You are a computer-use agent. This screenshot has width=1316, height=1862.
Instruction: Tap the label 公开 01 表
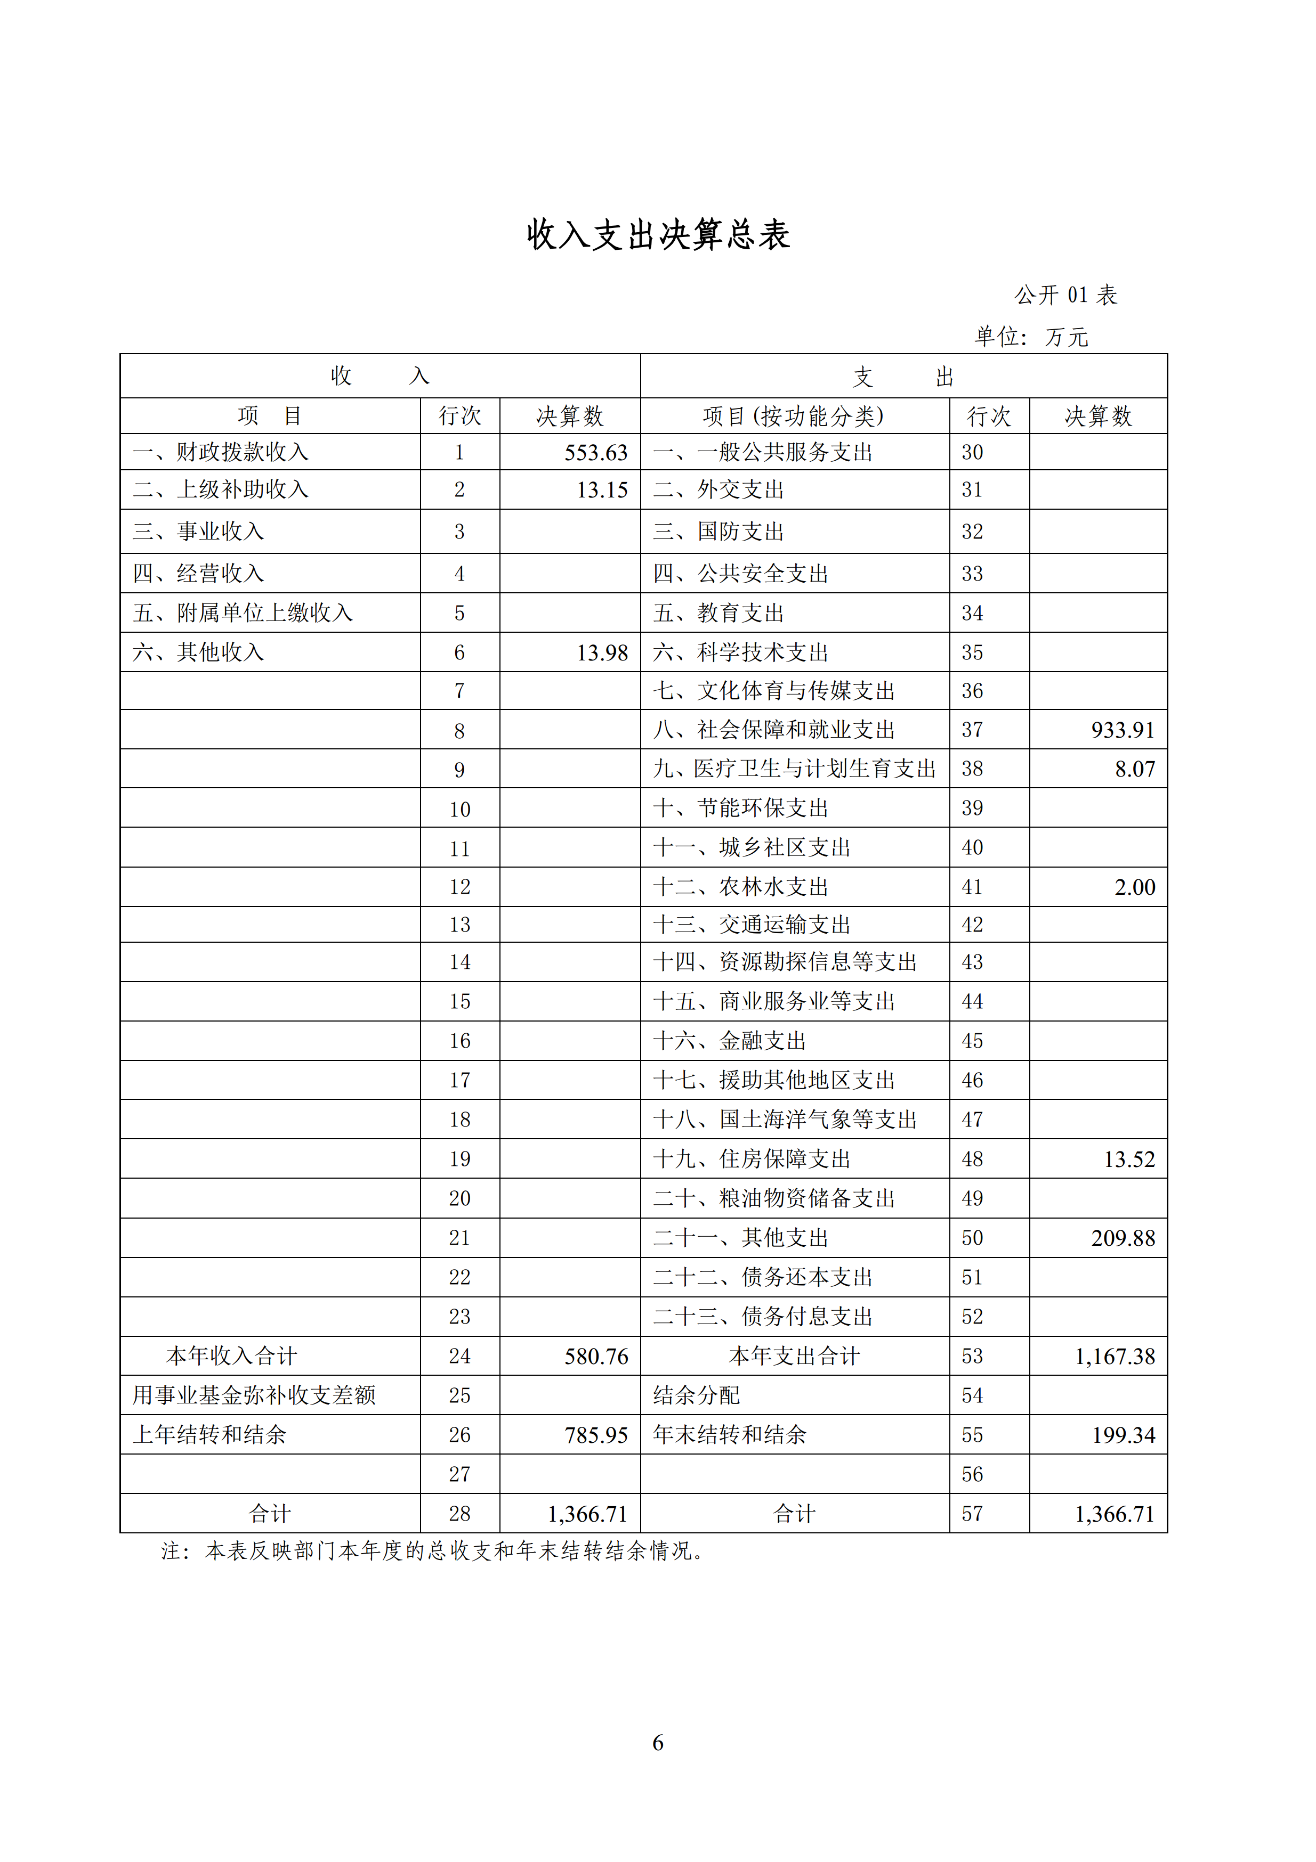point(1065,295)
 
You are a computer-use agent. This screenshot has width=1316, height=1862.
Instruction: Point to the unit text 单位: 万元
point(1031,337)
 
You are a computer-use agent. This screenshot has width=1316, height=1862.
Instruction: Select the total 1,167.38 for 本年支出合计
point(1115,1357)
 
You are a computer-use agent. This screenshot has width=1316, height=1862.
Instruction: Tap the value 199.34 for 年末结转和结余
point(1123,1435)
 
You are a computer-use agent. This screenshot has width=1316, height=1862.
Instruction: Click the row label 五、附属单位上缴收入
point(243,613)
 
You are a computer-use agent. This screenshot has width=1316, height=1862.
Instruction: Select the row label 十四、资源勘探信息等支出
point(785,962)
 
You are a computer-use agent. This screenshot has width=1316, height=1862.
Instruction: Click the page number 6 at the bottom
point(658,1742)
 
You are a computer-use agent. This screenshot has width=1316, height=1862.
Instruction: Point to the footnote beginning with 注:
point(432,1551)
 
